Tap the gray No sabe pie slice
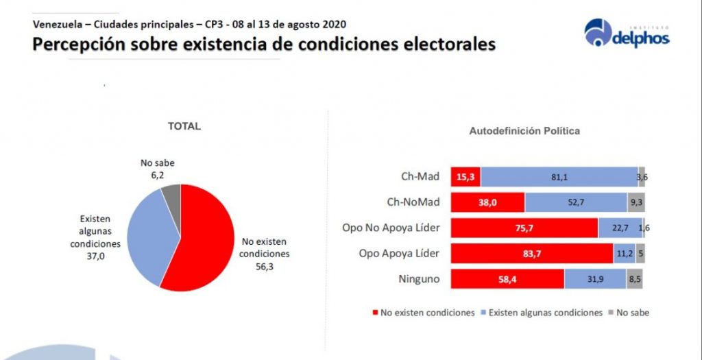pos(171,200)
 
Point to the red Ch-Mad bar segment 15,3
pos(465,177)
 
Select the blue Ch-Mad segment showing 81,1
pos(559,177)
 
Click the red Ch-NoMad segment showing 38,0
pos(487,202)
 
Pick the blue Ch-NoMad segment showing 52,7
pos(576,202)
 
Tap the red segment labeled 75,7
pos(524,228)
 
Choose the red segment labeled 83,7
pos(532,253)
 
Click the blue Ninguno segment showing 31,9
pos(594,278)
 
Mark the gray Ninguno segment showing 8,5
pos(634,278)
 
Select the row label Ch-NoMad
pos(410,202)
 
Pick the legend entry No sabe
pos(631,313)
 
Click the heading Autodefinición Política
pos(524,130)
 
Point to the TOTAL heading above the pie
pos(184,126)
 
